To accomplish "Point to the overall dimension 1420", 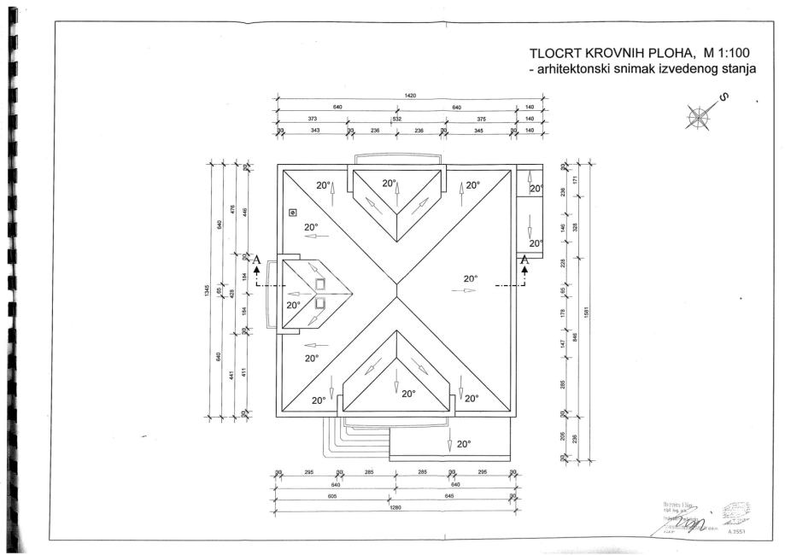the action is coord(410,96).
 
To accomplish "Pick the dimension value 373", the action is coord(313,120).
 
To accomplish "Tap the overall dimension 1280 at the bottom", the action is coord(395,505).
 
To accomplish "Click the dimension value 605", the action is coord(331,495).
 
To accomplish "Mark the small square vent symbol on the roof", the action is coord(293,212).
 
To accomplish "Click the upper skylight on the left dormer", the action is coord(320,284).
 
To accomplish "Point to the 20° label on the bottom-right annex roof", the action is coord(464,444).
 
